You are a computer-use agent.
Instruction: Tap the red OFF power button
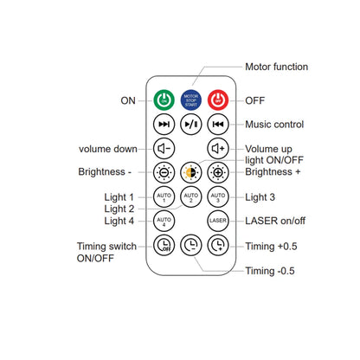tap(218, 100)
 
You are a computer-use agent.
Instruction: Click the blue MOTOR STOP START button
tap(191, 100)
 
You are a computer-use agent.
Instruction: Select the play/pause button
tap(191, 125)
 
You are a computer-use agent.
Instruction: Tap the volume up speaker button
tap(218, 149)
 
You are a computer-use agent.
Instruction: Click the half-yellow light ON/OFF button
tap(191, 172)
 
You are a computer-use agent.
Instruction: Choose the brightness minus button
tap(164, 172)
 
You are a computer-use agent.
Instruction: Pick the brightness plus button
tap(218, 172)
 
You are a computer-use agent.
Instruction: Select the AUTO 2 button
tap(191, 197)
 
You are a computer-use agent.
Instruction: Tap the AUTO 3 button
tap(218, 197)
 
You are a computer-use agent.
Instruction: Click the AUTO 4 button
tap(164, 221)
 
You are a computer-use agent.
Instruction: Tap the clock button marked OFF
tap(164, 245)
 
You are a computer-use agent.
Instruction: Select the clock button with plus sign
tap(218, 245)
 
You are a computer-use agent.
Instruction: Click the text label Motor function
tap(276, 67)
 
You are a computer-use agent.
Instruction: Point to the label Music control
tap(274, 125)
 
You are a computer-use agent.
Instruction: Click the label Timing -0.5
tap(270, 271)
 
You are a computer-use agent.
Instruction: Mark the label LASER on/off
tap(275, 221)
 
